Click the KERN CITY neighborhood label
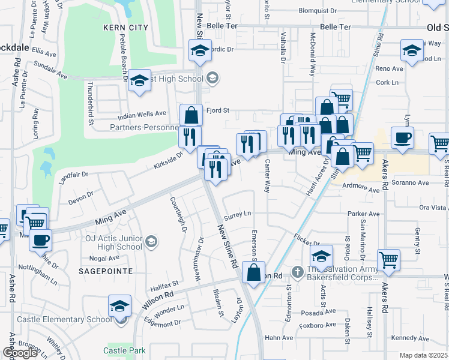125,28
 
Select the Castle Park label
124,350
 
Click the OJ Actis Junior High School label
113,242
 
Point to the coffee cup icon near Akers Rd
402,137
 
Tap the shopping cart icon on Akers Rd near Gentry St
389,260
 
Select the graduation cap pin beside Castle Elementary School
120,306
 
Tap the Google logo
20,353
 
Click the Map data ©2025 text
424,355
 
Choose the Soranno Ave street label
410,182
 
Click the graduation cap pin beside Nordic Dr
200,50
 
